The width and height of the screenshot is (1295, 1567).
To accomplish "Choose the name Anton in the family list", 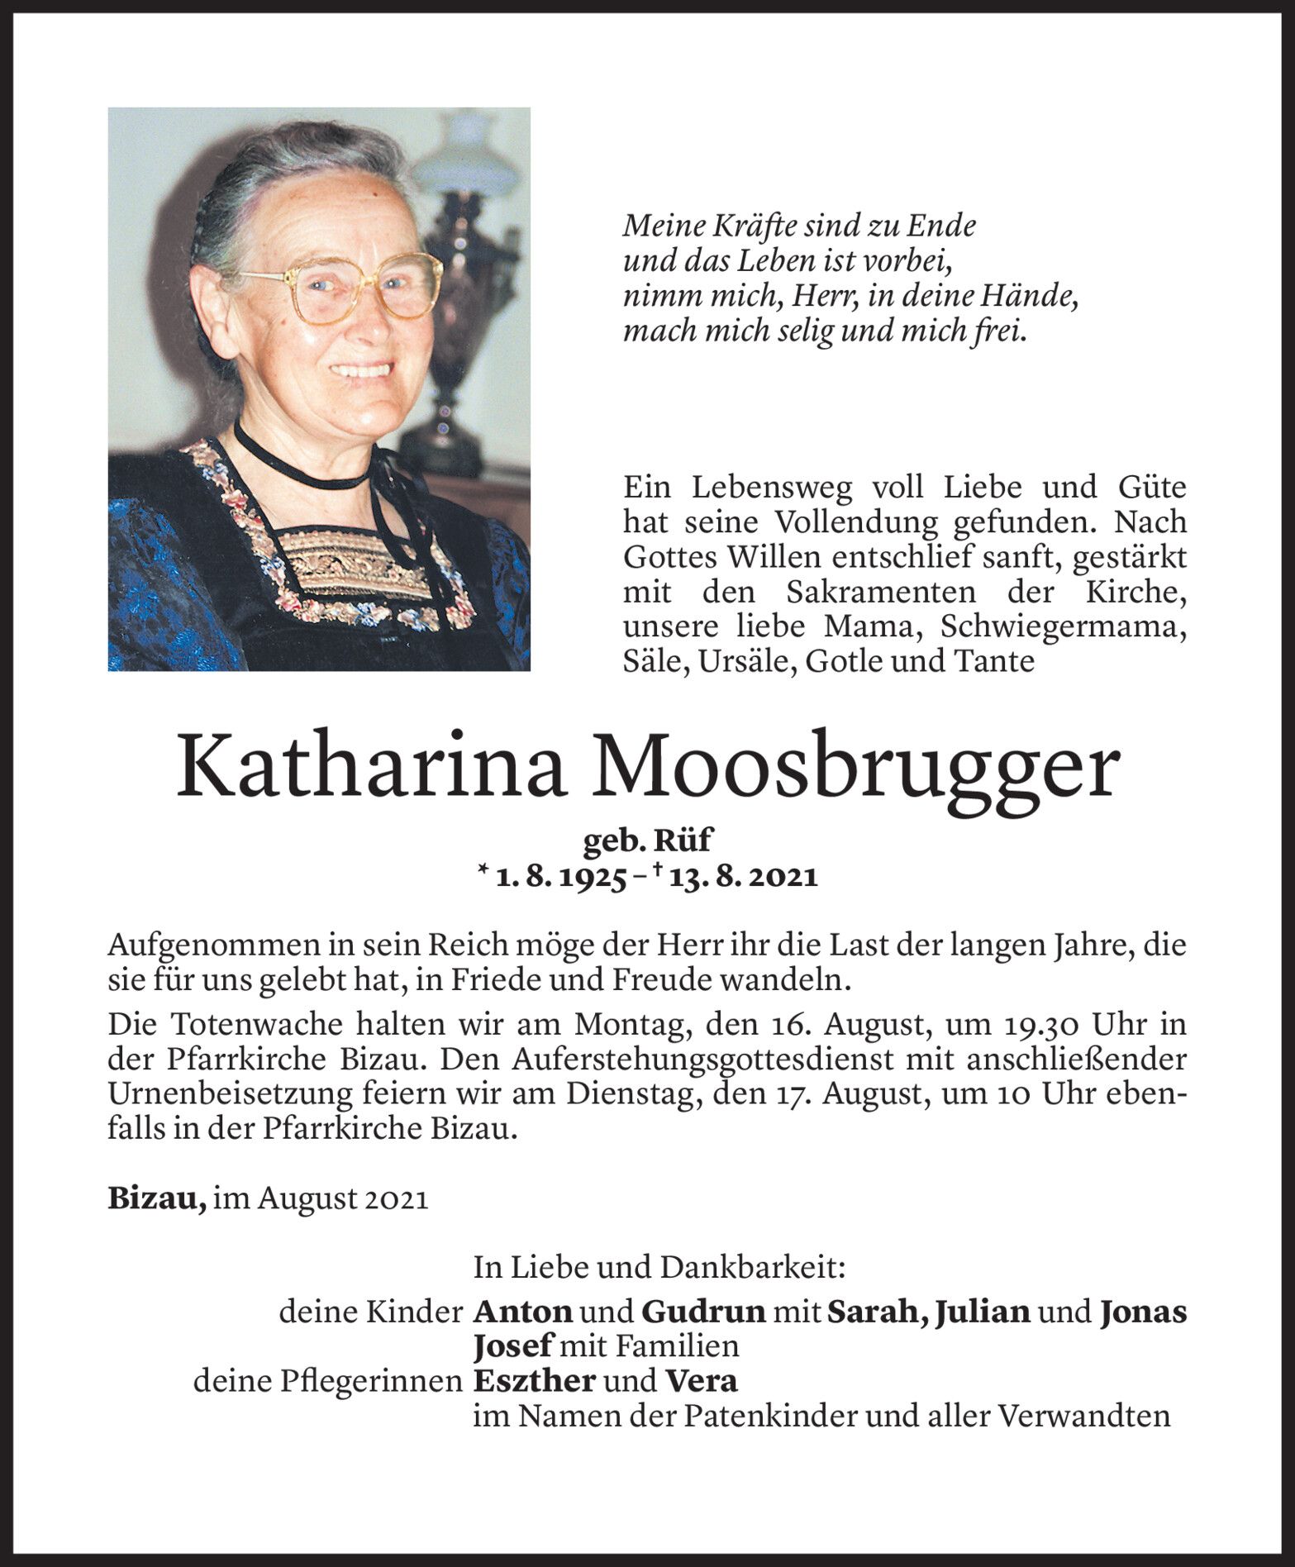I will point(522,1312).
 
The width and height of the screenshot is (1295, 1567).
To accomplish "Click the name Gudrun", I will point(702,1312).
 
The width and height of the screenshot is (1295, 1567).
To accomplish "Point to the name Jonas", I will point(1143,1312).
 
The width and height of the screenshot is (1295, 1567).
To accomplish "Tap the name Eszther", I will point(534,1381).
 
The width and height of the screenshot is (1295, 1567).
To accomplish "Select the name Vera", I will point(702,1381).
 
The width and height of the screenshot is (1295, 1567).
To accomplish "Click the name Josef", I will point(512,1347).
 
